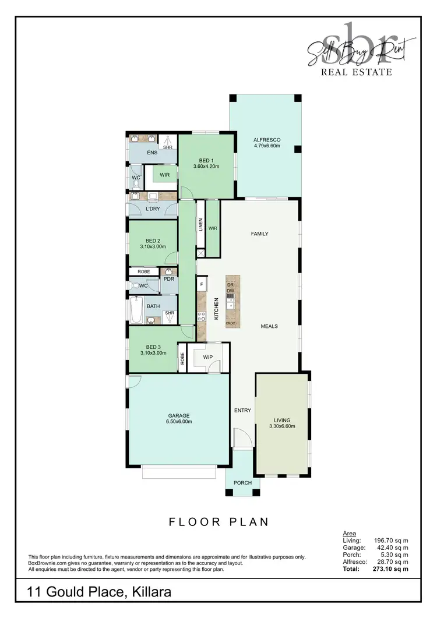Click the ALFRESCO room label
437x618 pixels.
pos(267,140)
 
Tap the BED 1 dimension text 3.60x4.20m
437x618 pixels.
pos(205,167)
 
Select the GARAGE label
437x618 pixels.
pos(179,415)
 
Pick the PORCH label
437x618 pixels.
pos(242,482)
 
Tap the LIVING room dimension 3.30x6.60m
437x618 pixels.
pos(282,426)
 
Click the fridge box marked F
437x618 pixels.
pos(202,284)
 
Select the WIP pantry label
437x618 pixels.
pos(208,356)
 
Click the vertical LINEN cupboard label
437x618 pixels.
pos(200,225)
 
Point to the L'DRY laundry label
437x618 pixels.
pos(153,209)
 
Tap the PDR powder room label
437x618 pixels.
pos(169,279)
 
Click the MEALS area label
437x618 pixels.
pos(269,326)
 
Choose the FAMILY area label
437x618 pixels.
pos(259,234)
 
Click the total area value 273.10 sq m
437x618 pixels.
pos(392,568)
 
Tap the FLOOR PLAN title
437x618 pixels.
pos(219,522)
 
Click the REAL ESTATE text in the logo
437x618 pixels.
pos(357,72)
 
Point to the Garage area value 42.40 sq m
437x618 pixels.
pos(392,548)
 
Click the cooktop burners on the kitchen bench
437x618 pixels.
pos(202,317)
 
